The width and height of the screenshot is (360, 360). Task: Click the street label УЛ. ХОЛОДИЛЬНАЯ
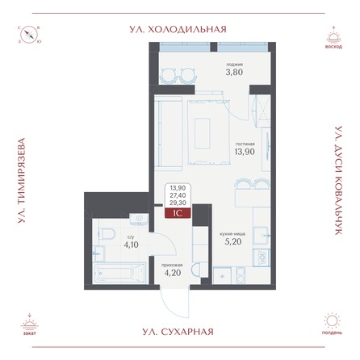click(179, 29)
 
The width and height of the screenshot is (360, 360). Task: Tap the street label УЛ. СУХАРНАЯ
click(179, 332)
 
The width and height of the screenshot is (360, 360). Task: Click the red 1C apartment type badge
click(178, 215)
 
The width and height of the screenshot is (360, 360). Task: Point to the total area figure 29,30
click(178, 204)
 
